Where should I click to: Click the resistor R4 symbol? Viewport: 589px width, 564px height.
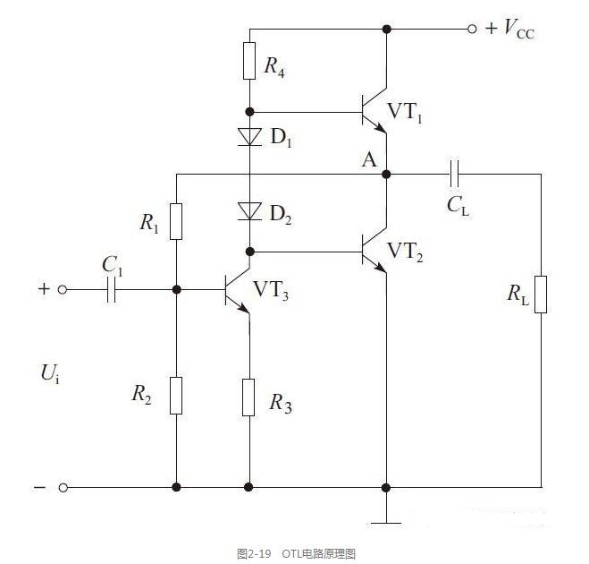click(x=249, y=61)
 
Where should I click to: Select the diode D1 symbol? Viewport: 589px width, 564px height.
click(x=249, y=137)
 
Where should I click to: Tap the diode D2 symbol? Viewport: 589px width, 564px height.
click(x=249, y=211)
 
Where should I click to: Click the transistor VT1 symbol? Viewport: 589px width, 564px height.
click(x=374, y=111)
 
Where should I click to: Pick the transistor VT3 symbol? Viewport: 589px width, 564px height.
click(x=238, y=290)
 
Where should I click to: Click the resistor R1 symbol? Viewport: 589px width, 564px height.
click(x=176, y=222)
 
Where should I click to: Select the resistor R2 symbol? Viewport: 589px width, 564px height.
click(x=176, y=396)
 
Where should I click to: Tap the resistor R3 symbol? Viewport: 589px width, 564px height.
click(x=248, y=397)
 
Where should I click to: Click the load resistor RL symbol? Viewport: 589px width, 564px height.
click(x=541, y=295)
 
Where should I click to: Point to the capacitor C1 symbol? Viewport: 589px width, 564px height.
click(x=111, y=290)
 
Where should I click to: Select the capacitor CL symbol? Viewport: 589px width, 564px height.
click(x=454, y=175)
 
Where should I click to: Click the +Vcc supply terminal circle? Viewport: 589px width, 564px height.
click(x=472, y=29)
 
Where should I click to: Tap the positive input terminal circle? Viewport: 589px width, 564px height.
click(x=63, y=290)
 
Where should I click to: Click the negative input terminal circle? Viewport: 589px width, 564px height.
click(x=63, y=488)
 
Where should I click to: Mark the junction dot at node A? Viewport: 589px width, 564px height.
click(x=386, y=175)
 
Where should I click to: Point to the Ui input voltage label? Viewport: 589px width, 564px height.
click(x=50, y=374)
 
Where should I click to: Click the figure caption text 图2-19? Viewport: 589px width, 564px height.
click(x=254, y=554)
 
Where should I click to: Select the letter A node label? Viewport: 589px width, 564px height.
click(x=369, y=160)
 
